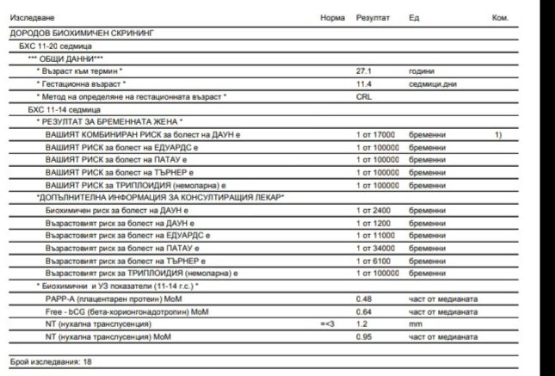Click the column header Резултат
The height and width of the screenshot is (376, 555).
pyautogui.click(x=372, y=17)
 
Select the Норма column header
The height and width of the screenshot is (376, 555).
pyautogui.click(x=332, y=17)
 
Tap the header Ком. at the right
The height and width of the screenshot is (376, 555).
pyautogui.click(x=500, y=17)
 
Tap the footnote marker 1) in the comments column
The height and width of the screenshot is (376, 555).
pyautogui.click(x=498, y=135)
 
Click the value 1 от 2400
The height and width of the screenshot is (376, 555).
pyautogui.click(x=373, y=210)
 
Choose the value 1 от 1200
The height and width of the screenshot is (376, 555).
pyautogui.click(x=373, y=223)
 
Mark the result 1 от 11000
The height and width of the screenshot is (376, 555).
pyautogui.click(x=375, y=235)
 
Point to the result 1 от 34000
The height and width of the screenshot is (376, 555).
pyautogui.click(x=375, y=248)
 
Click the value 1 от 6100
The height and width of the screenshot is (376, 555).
pyautogui.click(x=373, y=260)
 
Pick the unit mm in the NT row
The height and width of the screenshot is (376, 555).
pyautogui.click(x=415, y=324)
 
